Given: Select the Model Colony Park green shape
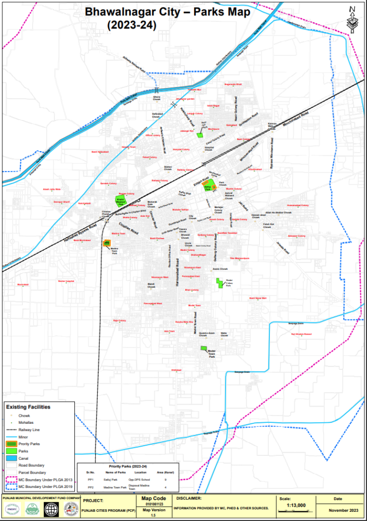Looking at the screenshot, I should [x=220, y=283].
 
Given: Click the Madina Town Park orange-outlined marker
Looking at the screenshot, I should [x=107, y=243].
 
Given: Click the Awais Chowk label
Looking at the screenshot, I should [x=219, y=269].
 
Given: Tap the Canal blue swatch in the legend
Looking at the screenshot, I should [x=11, y=458].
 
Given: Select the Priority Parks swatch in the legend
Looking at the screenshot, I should [x=11, y=444].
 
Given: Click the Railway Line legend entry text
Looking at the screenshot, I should [x=29, y=429].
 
